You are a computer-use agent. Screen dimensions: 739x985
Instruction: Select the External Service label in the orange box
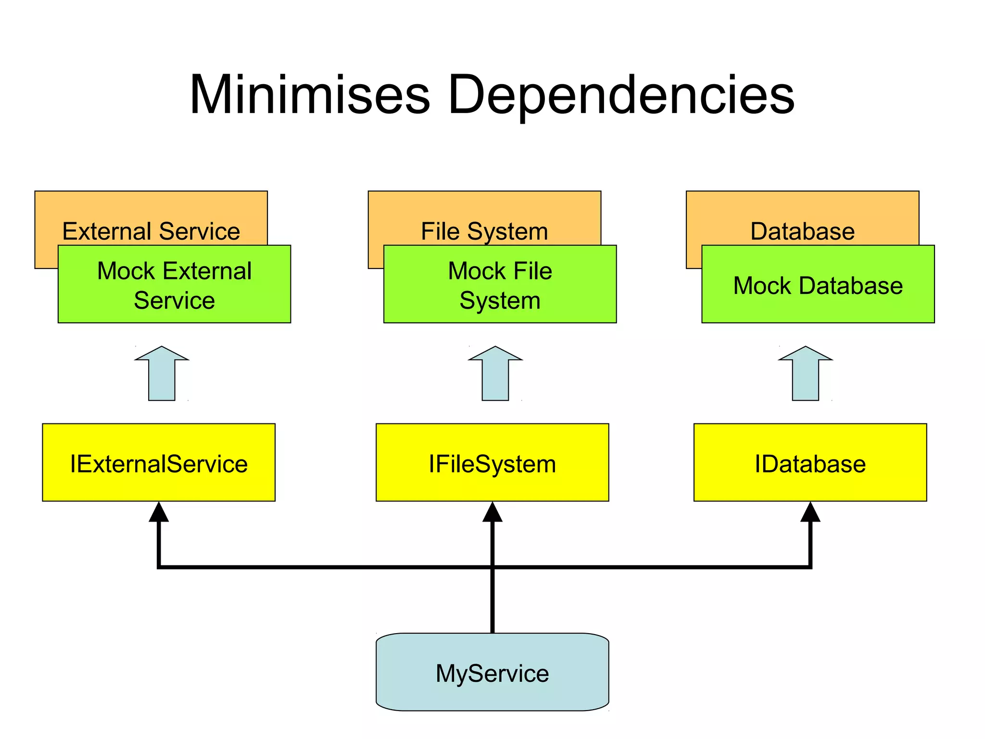click(151, 231)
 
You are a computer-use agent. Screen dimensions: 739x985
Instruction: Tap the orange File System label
click(484, 231)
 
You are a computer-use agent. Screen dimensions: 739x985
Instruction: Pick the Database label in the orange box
click(802, 231)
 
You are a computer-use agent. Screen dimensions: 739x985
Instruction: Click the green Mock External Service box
click(174, 285)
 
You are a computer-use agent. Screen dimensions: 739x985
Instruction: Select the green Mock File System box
click(500, 285)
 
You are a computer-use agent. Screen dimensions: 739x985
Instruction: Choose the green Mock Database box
click(818, 285)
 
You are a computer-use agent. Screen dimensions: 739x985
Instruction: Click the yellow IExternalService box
click(159, 463)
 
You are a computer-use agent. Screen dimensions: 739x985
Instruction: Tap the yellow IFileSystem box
click(492, 463)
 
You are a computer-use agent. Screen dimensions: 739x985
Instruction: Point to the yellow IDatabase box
click(810, 463)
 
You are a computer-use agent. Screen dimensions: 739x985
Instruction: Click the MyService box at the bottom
click(492, 673)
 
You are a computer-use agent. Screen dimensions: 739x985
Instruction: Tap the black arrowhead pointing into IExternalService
click(159, 513)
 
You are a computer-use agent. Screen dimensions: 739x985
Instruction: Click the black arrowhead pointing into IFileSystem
click(492, 513)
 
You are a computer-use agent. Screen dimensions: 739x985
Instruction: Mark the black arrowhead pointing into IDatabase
click(810, 513)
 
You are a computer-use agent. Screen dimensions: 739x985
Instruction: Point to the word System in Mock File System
click(500, 301)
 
